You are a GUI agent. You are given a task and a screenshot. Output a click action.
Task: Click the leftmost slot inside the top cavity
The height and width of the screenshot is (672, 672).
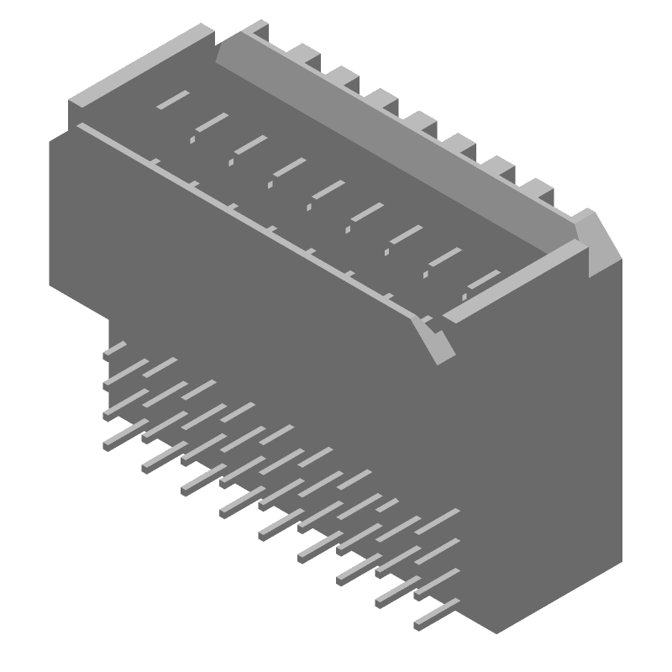pyautogui.click(x=172, y=100)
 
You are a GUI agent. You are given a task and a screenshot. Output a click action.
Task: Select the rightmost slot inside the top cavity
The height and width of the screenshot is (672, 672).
pyautogui.click(x=483, y=281)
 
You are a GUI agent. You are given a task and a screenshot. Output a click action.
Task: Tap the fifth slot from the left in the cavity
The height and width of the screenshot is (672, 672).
pyautogui.click(x=328, y=190)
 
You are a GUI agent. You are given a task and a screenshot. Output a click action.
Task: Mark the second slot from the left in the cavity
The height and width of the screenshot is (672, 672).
pyautogui.click(x=211, y=123)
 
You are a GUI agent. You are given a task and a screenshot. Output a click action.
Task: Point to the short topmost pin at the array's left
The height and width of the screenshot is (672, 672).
pyautogui.click(x=114, y=349)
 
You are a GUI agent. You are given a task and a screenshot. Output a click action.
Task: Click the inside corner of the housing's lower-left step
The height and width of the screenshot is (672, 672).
pyautogui.click(x=110, y=314)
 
